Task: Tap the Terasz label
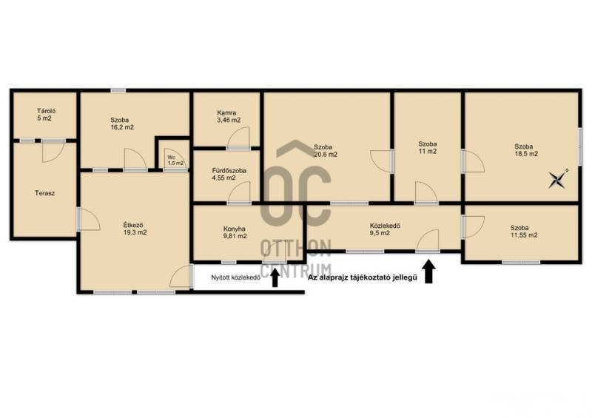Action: tap(44, 193)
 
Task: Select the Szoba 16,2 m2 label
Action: tap(122, 124)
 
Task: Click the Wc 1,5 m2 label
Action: tap(175, 160)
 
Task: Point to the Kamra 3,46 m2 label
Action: tap(229, 116)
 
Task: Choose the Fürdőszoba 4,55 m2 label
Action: tap(229, 174)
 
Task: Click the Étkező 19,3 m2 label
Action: tap(135, 229)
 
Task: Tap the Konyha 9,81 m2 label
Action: tap(235, 232)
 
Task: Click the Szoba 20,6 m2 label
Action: tap(326, 151)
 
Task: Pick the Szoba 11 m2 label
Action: tap(428, 148)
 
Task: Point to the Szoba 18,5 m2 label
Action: tap(526, 150)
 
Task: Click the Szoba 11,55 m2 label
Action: tap(524, 232)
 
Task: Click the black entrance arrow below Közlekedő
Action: tap(428, 271)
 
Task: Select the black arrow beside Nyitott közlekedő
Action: tap(275, 277)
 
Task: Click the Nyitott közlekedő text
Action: tap(235, 277)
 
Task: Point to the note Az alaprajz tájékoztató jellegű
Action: tap(363, 277)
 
